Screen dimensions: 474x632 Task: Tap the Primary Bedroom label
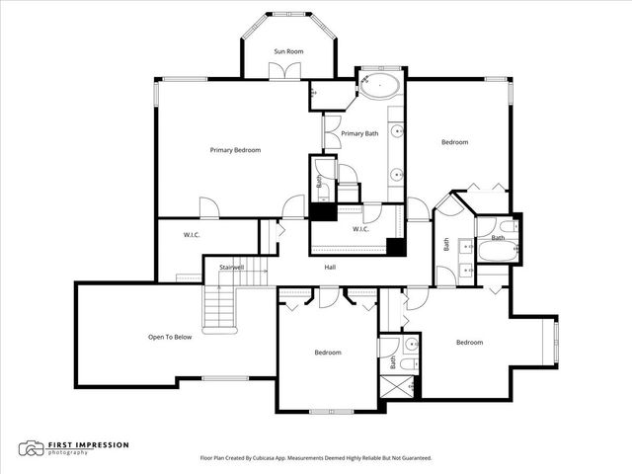[235, 150]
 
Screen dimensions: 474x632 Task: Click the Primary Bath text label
[359, 133]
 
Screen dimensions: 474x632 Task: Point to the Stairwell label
[217, 267]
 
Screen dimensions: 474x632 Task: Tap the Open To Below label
[170, 337]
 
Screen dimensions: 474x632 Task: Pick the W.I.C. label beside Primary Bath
[359, 230]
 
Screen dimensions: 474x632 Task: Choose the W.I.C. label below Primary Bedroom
[192, 235]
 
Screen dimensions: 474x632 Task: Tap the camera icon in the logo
[33, 449]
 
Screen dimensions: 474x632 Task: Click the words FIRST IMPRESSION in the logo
[88, 445]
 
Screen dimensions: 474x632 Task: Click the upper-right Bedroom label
[454, 142]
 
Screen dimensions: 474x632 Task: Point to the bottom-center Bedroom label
[328, 353]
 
